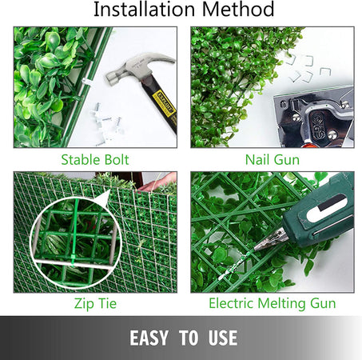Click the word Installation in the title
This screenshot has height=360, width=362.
[145, 9]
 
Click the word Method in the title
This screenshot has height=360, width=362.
[238, 9]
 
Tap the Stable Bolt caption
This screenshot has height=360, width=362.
[95, 160]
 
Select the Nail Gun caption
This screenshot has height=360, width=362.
[272, 160]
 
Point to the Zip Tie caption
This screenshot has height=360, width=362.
[95, 304]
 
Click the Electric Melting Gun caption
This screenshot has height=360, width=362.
[272, 304]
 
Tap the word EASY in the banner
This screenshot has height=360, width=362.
[149, 338]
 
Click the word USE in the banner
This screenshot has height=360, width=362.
[223, 338]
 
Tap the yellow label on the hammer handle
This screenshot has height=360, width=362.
[165, 103]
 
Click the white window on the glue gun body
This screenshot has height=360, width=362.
[326, 208]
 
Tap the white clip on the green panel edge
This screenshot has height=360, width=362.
[87, 82]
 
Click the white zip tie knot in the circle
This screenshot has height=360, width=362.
[72, 260]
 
